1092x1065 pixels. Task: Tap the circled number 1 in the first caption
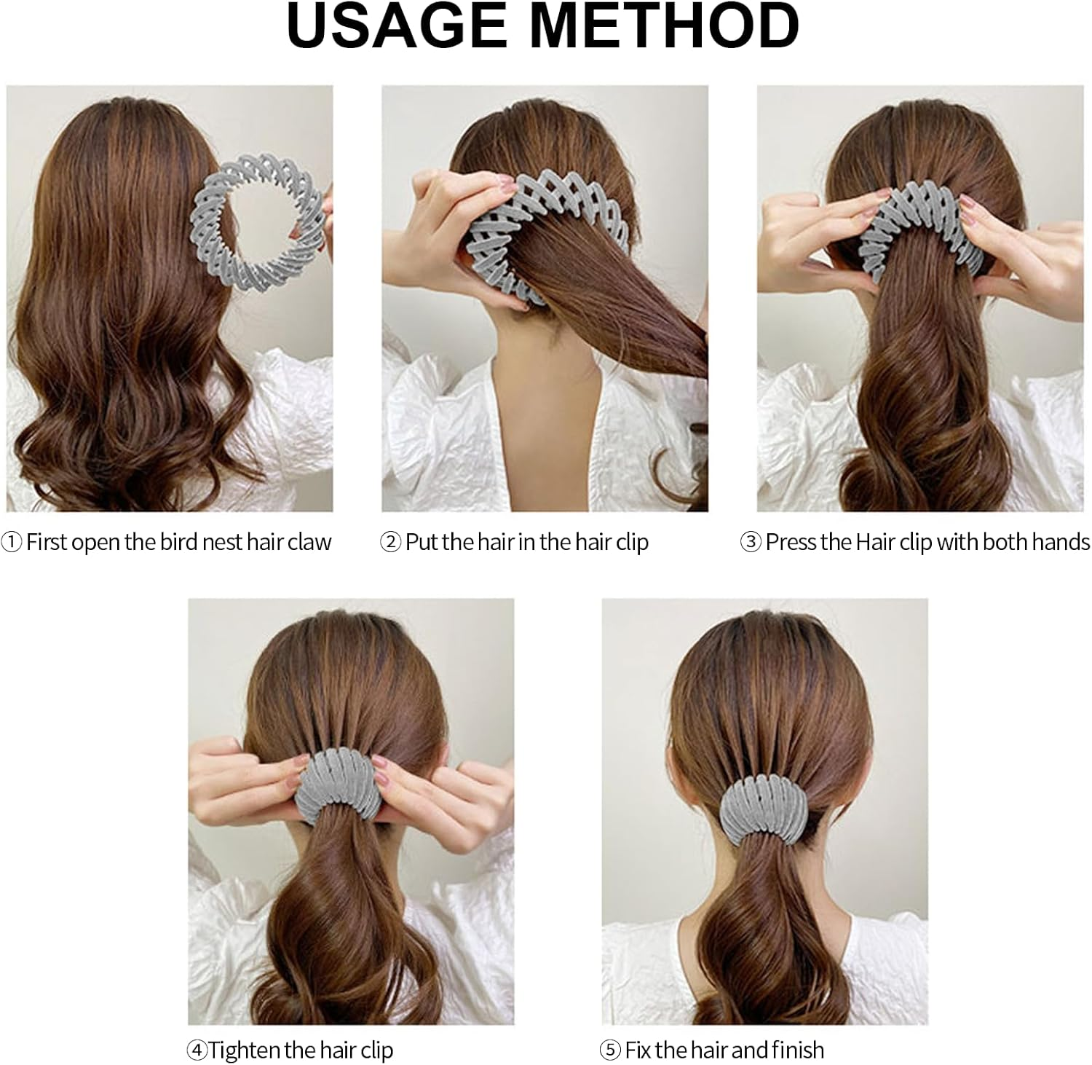coord(12,543)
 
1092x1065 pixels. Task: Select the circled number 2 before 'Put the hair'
coord(391,543)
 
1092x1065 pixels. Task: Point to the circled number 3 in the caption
coord(751,543)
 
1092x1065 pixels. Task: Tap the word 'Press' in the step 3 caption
coord(791,543)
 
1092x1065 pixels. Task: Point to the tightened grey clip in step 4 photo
coord(338,783)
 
